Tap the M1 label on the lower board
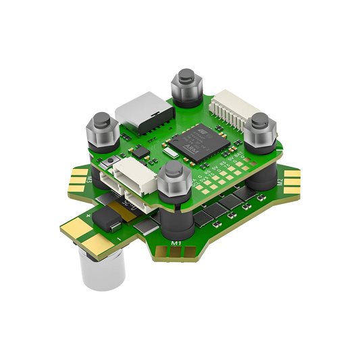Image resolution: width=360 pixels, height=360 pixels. (177, 241)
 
